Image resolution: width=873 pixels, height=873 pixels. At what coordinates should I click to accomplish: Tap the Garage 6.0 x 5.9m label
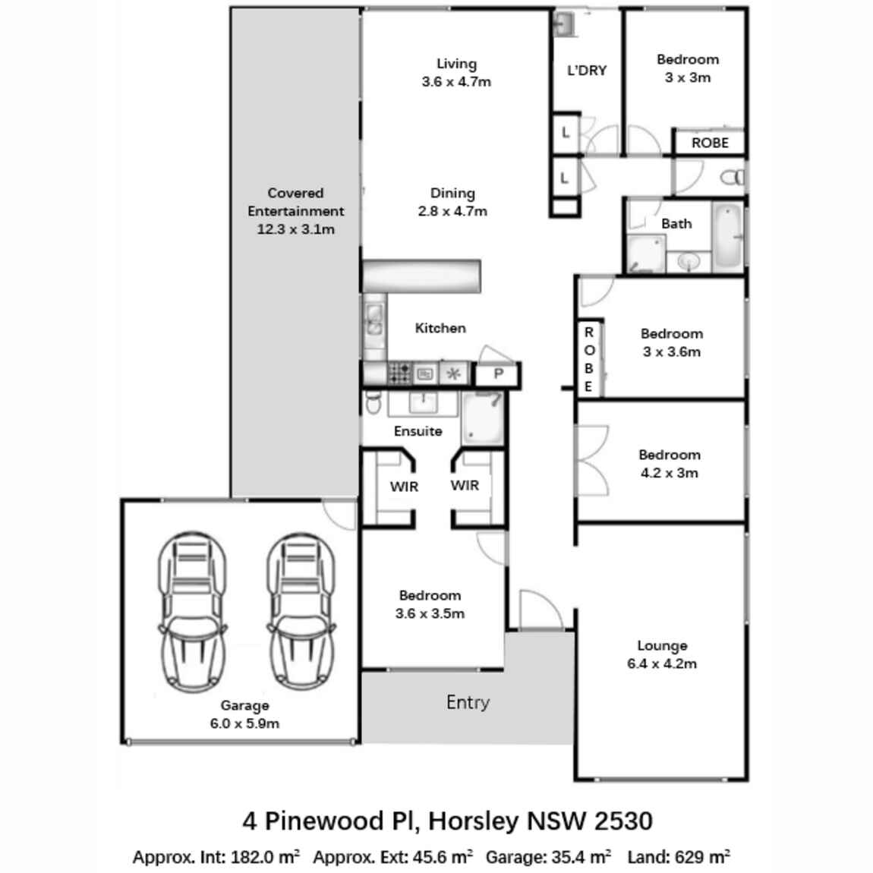[x=244, y=714]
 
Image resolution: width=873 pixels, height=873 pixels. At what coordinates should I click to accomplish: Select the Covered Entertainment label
[x=295, y=211]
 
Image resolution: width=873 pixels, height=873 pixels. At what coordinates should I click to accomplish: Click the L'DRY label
[x=587, y=71]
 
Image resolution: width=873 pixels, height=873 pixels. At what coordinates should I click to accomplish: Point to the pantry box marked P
[x=498, y=373]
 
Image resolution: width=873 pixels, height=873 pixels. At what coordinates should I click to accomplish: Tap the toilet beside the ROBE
[x=733, y=178]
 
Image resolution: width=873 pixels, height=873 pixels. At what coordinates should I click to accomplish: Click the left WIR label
[x=404, y=487]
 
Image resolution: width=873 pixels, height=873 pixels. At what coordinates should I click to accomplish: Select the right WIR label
[x=465, y=485]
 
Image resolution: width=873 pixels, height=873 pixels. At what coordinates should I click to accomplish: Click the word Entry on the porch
[x=468, y=702]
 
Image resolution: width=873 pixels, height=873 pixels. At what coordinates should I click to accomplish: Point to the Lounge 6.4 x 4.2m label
[x=662, y=654]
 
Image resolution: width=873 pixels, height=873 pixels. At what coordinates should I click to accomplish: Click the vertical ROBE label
[x=589, y=359]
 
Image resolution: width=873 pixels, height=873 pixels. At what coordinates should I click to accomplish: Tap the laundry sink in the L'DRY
[x=564, y=25]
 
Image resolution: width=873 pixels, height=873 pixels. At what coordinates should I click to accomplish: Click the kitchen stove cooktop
[x=400, y=373]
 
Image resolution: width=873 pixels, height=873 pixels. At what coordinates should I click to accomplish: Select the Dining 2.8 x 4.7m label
[x=452, y=202]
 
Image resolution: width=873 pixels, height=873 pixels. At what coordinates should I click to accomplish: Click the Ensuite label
[x=418, y=431]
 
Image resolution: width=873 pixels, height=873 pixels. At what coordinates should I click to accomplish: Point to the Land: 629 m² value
[x=679, y=857]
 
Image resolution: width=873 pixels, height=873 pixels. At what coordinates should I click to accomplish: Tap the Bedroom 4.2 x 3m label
[x=669, y=464]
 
